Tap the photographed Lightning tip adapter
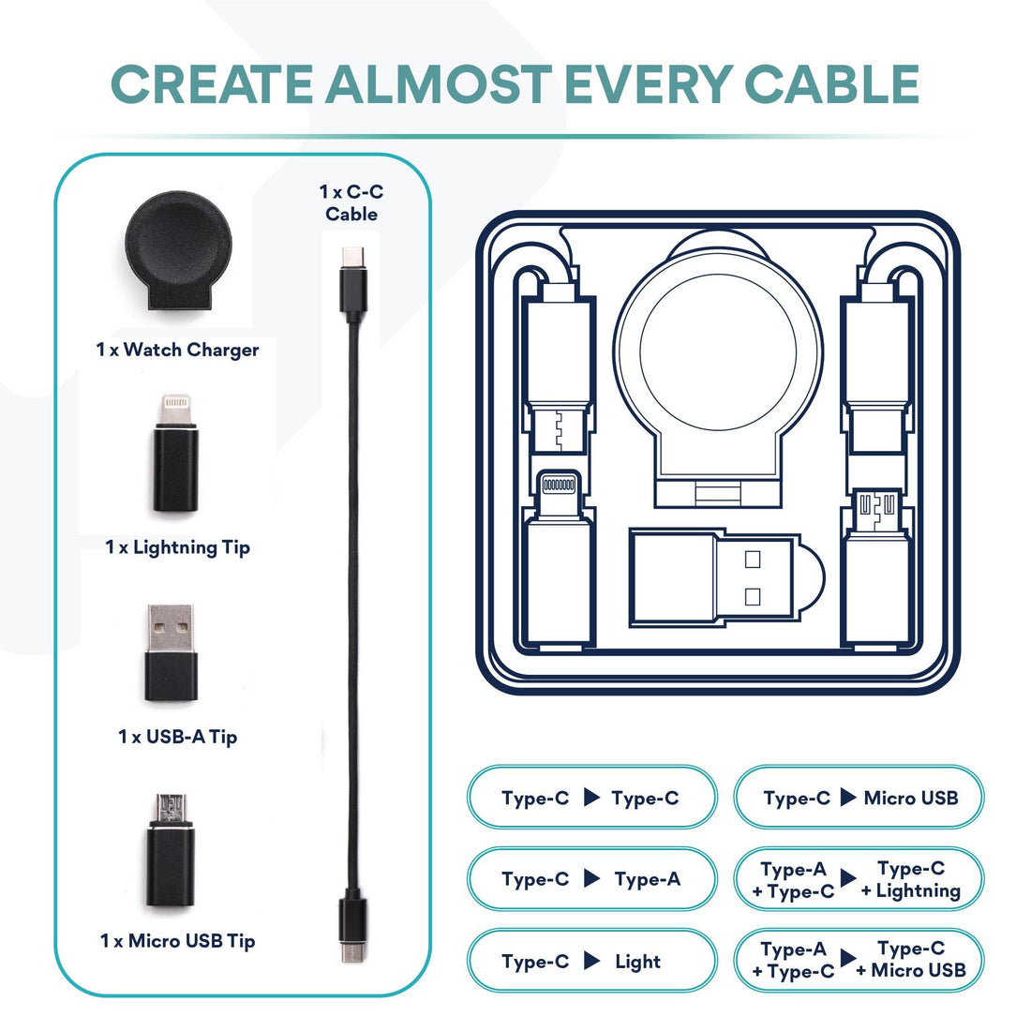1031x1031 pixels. coord(175,453)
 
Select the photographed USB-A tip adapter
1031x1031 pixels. coord(171,652)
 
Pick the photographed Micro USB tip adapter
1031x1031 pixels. coord(171,850)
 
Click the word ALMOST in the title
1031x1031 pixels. coord(439,84)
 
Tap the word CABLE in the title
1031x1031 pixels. coord(831,84)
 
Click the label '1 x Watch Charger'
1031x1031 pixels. coord(177,350)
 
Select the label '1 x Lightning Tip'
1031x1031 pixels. coord(177,547)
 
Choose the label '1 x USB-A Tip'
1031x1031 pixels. coord(177,737)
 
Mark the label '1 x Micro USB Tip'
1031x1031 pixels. coord(177,941)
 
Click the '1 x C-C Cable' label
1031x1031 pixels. coord(351,202)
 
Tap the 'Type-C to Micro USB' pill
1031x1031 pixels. coord(859,797)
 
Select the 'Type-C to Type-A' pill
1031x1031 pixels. coord(591,878)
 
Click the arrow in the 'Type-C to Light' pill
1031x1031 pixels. coord(592,960)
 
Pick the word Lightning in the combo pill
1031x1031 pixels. coord(918,891)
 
